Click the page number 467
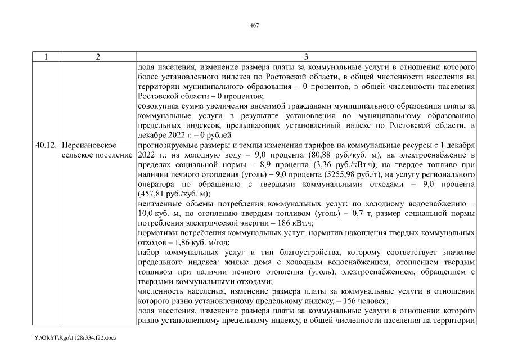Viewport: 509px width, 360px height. pyautogui.click(x=254, y=25)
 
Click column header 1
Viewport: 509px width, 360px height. pyautogui.click(x=46, y=56)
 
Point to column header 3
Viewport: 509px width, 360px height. pyautogui.click(x=306, y=56)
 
